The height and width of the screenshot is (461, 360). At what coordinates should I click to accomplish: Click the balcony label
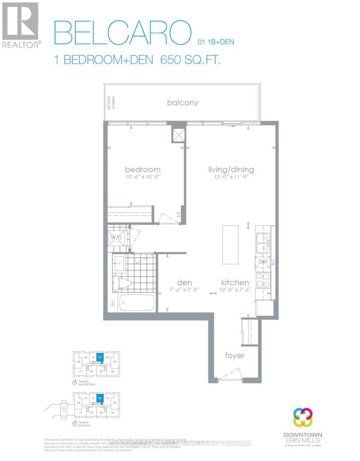(182, 103)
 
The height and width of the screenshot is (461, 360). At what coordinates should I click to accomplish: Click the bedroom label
(143, 169)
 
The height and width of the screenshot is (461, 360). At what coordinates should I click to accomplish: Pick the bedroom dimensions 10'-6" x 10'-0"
(143, 177)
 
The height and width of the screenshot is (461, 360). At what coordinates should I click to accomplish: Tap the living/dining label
(231, 169)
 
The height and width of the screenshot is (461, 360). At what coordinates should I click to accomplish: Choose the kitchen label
(234, 283)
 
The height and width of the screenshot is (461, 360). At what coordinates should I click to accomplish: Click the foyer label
(234, 356)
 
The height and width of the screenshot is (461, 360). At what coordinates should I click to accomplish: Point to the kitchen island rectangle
(230, 244)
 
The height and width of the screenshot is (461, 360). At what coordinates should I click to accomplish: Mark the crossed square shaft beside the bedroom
(178, 135)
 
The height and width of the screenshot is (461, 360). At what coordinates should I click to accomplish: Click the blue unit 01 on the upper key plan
(100, 358)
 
